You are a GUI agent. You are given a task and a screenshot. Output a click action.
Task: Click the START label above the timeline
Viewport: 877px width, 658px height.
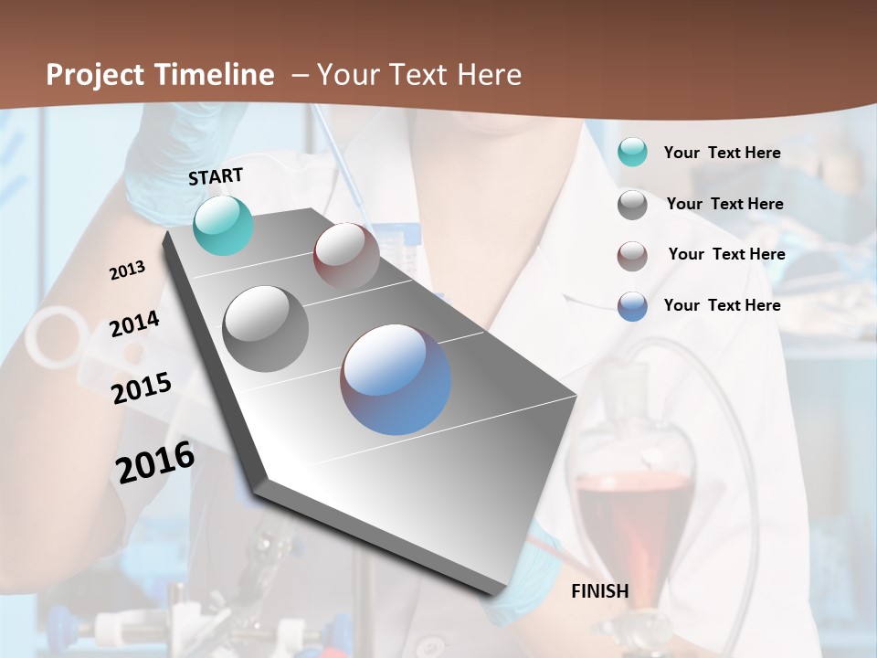pos(216,176)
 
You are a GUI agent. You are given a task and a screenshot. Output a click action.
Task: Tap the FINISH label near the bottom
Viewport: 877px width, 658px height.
pos(599,591)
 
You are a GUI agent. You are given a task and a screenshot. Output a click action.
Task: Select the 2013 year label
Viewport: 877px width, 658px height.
pos(127,271)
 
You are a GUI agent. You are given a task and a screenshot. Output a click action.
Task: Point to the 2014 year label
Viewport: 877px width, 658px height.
pos(134,324)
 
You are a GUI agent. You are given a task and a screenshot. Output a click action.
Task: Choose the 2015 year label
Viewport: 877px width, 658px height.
pos(141,388)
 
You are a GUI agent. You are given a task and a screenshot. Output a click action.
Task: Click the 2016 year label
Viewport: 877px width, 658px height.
pos(155,462)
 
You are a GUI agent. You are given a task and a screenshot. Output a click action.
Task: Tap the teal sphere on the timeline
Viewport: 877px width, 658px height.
pos(223,225)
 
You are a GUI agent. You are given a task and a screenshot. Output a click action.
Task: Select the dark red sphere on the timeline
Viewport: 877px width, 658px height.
pos(346,255)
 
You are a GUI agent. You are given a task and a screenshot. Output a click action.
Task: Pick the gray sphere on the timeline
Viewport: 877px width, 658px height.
pos(265,328)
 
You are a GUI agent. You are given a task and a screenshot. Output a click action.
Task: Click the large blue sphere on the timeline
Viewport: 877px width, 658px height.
pos(396,379)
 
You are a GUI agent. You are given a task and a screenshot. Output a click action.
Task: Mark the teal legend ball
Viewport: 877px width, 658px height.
pos(632,153)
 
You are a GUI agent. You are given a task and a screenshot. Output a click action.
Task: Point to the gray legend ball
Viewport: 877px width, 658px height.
pos(632,205)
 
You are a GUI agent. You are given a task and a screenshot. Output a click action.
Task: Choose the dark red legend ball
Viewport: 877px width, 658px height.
pos(632,256)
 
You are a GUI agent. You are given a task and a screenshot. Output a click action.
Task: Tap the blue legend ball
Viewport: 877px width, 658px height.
pos(632,306)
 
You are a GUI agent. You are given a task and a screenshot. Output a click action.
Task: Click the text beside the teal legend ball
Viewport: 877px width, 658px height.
pos(722,153)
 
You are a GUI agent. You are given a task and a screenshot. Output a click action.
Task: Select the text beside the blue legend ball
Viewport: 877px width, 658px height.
pos(722,305)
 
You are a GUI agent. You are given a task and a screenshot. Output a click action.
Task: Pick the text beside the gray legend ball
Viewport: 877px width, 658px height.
pos(724,204)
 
